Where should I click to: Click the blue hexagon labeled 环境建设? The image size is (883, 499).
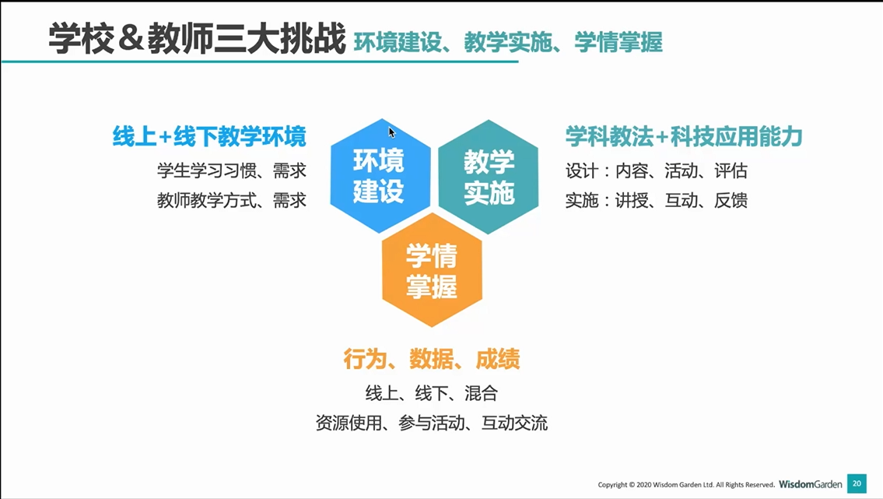click(x=380, y=176)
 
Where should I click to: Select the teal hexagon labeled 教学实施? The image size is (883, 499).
click(x=489, y=177)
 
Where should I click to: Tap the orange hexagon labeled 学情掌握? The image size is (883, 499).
click(x=432, y=270)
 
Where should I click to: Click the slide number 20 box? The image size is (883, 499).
click(x=857, y=483)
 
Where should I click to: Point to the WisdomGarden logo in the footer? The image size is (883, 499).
click(x=811, y=483)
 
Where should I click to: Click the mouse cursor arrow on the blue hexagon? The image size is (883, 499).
click(x=392, y=132)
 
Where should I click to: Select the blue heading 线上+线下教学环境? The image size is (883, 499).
click(x=209, y=136)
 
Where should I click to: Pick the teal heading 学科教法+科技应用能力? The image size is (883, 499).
click(x=684, y=136)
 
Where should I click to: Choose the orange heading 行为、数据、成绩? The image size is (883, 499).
click(x=432, y=359)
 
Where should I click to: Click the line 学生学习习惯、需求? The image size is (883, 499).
click(x=232, y=170)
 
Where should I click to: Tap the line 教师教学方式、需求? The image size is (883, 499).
click(x=232, y=200)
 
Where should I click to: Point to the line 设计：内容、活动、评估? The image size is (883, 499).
click(x=657, y=170)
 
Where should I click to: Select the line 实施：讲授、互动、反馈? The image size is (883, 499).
click(x=657, y=200)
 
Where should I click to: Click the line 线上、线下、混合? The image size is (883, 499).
click(x=432, y=392)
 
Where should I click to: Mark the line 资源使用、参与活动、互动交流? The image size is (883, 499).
click(x=432, y=423)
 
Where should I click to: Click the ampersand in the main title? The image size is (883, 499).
click(x=131, y=39)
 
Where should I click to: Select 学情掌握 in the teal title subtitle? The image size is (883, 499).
click(x=618, y=42)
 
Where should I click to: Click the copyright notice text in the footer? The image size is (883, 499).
click(x=686, y=484)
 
